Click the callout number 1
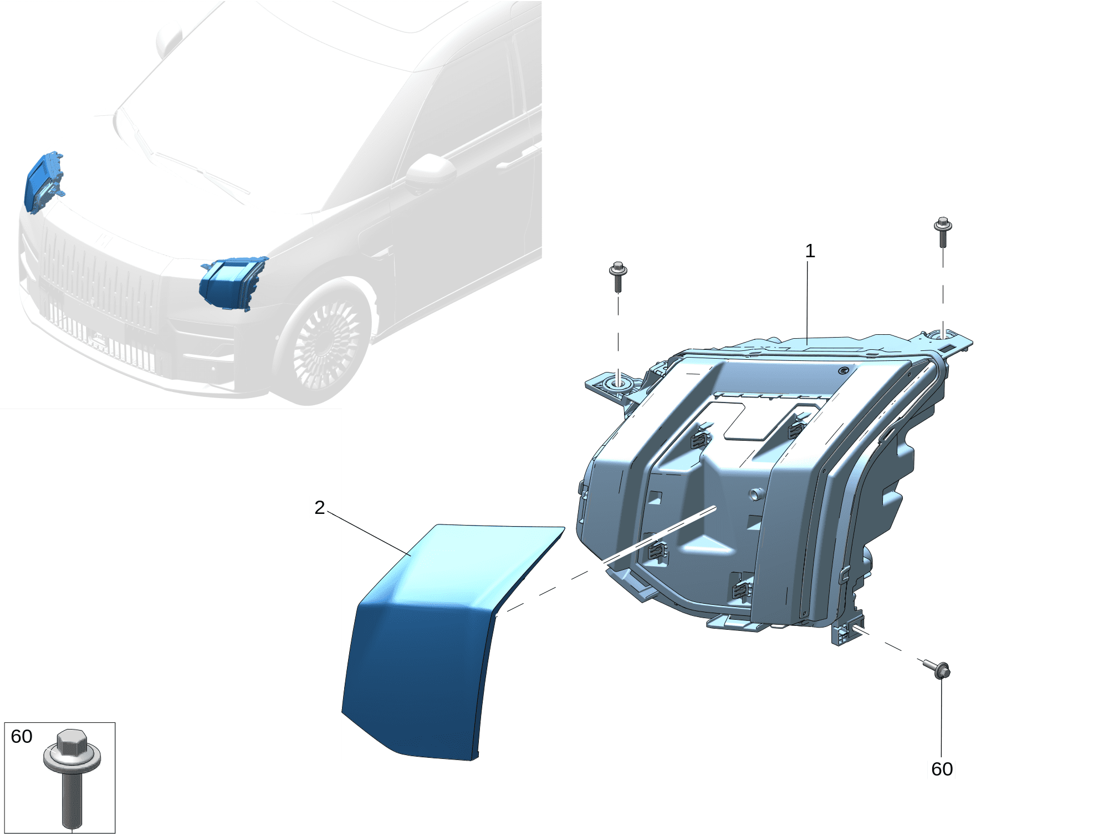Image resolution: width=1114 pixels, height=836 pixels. coord(810,251)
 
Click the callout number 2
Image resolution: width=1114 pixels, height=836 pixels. coord(319,507)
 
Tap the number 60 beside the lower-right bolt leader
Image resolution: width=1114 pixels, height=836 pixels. coord(942,769)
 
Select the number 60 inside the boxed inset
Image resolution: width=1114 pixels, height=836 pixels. coord(22,736)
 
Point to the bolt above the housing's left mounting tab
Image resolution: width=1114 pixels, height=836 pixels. coord(618,277)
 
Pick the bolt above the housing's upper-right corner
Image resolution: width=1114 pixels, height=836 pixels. coord(943,232)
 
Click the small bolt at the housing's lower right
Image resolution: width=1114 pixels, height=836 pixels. coord(937,669)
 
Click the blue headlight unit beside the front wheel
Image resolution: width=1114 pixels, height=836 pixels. coord(233,283)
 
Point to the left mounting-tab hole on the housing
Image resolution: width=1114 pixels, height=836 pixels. coord(619,383)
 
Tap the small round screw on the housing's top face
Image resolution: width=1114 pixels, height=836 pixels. coord(844,370)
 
